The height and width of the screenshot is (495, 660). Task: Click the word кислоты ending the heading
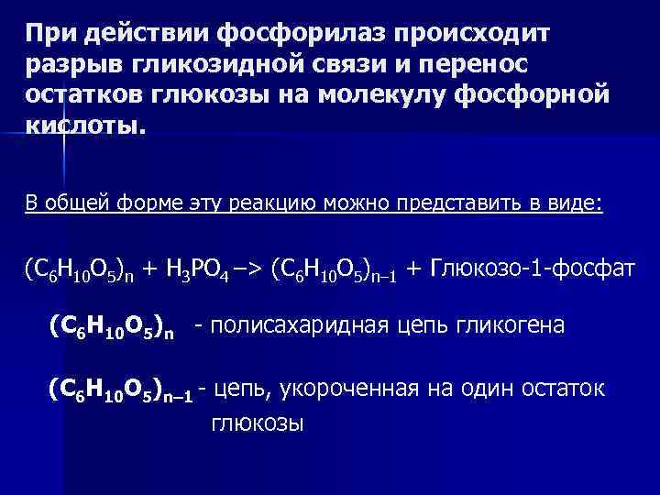coord(83,126)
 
